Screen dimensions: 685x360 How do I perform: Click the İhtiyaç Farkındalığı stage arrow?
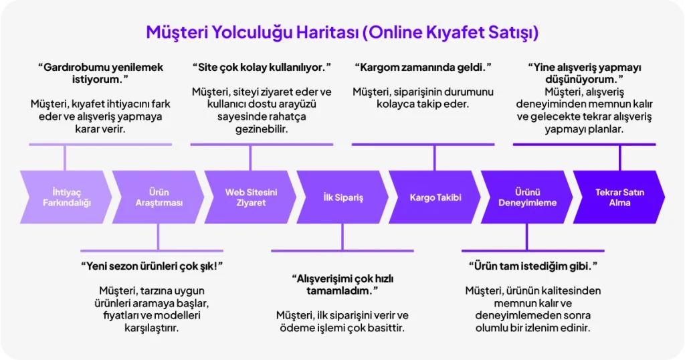click(66, 197)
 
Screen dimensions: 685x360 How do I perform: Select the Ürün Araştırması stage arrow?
click(158, 197)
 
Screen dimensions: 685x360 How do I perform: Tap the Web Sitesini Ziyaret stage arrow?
click(250, 197)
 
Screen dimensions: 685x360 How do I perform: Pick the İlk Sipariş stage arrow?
click(342, 197)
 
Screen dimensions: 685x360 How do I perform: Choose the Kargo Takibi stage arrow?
click(435, 197)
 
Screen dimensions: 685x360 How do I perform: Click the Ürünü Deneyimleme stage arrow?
click(527, 197)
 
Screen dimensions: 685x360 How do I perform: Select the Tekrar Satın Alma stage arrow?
click(619, 197)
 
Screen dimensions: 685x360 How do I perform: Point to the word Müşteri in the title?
click(176, 32)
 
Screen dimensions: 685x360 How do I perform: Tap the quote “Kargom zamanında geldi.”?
click(423, 68)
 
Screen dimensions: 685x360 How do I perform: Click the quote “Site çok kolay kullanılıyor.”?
click(262, 68)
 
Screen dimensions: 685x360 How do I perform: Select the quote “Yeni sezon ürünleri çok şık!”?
click(152, 266)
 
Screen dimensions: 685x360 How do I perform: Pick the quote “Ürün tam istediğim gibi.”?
click(533, 266)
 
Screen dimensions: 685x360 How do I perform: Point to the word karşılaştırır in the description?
click(152, 328)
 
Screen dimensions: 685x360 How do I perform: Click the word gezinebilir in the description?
click(262, 129)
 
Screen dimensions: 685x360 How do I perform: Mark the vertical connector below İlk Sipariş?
click(342, 238)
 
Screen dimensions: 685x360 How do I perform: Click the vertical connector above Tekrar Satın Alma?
click(619, 158)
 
